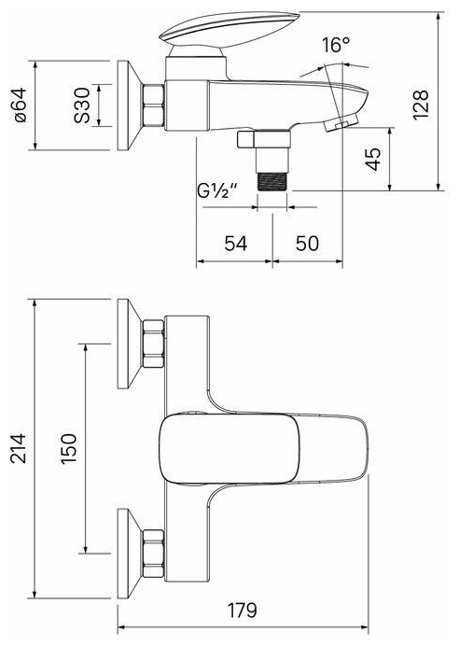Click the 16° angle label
pos(336,45)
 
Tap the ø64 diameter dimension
pos(21,105)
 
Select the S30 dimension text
pos(82,105)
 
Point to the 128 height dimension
pos(421,105)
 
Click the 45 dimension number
pos(373,159)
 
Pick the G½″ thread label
pos(217,190)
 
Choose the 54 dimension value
pos(236,244)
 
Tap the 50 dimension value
pos(307,244)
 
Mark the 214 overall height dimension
pos(19,448)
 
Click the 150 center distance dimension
pos(69,449)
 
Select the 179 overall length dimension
pos(242,611)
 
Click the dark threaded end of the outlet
pos(272,181)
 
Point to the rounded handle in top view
pos(229,448)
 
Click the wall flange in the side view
pos(129,105)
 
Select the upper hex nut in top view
pos(154,344)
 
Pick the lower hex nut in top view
pos(154,554)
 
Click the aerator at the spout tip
pos(341,123)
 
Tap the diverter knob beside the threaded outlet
pos(246,139)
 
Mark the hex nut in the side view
pos(154,105)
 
